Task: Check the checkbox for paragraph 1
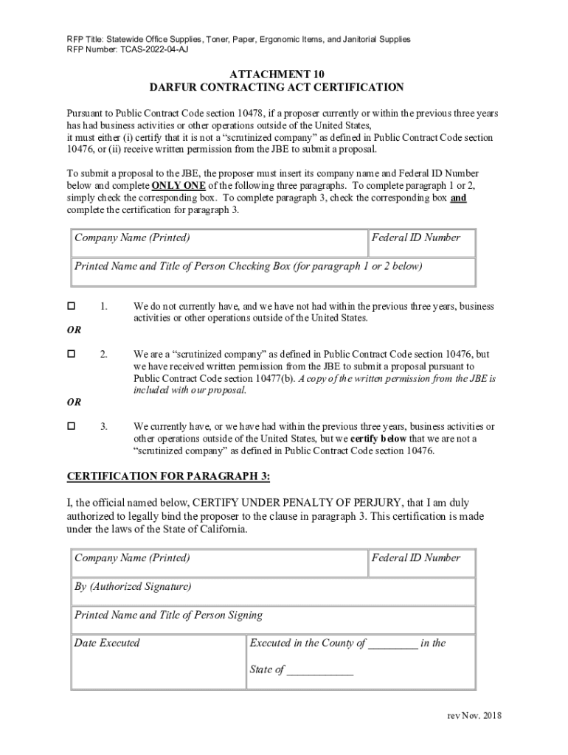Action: [72, 306]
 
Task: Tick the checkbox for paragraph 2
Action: [72, 354]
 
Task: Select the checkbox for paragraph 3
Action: [72, 426]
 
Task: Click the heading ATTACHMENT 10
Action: [277, 74]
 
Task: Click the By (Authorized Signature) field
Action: [273, 592]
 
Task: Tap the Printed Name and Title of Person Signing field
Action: [273, 620]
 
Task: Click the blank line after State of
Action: [320, 671]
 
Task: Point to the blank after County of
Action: [393, 644]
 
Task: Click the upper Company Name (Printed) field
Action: [219, 243]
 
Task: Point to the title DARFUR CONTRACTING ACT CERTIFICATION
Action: [277, 88]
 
